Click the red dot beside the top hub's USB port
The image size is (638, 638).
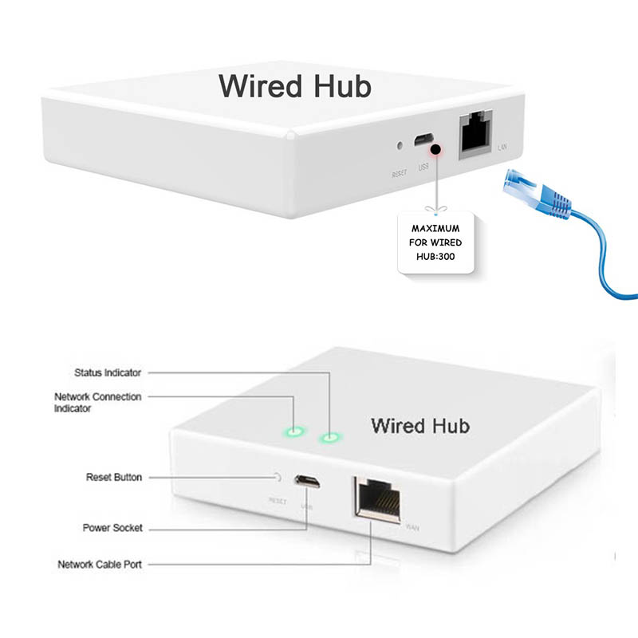coord(435,149)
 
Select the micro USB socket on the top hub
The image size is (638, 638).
coord(423,142)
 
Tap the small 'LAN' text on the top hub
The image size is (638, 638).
coord(502,148)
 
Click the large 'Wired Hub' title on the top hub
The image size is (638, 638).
coord(295,85)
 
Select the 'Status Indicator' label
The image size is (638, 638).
coord(108,372)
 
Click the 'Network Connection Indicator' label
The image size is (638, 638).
coord(97,402)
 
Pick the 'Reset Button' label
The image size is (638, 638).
coord(114,477)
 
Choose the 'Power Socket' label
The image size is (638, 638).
coord(112,528)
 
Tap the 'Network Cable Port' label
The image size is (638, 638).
coord(100,565)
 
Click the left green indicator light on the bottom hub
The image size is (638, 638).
coord(294,433)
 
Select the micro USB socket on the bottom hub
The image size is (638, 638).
coord(308,482)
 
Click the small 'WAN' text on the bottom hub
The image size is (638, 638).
coord(412,527)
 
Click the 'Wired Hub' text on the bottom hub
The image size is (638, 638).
coord(420,425)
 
